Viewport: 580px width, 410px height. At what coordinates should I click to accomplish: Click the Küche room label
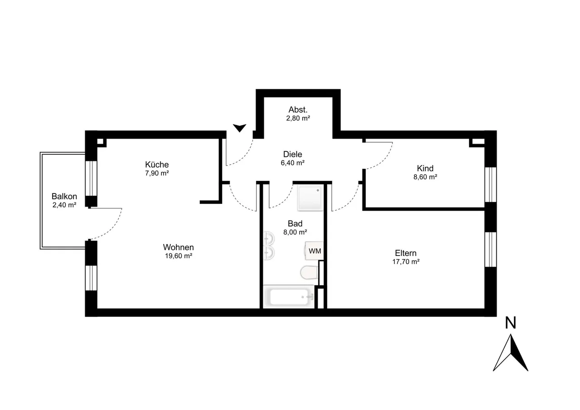point(157,164)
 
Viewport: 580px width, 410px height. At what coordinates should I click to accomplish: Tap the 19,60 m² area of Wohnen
point(179,256)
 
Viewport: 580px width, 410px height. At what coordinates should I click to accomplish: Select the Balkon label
point(64,196)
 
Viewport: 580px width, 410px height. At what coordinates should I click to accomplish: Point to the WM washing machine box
point(314,251)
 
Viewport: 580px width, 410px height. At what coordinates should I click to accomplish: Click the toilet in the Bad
point(309,273)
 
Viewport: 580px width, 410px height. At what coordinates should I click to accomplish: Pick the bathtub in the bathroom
point(289,297)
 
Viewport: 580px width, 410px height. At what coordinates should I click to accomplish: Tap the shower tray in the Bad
point(310,197)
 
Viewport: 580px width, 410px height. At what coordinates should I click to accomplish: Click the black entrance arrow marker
point(240,128)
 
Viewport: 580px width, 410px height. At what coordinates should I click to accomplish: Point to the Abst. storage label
point(298,110)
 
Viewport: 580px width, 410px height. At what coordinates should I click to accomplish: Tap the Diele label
point(293,154)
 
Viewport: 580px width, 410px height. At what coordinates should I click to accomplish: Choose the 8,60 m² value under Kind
point(425,177)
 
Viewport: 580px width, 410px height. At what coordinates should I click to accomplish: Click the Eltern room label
point(406,253)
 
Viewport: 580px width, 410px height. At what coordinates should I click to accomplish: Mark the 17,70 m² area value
point(406,262)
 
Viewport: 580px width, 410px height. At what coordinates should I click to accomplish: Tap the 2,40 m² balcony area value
point(64,205)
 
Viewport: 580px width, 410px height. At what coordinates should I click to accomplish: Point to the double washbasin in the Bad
point(269,246)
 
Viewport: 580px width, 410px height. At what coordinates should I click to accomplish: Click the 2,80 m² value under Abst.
point(298,118)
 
